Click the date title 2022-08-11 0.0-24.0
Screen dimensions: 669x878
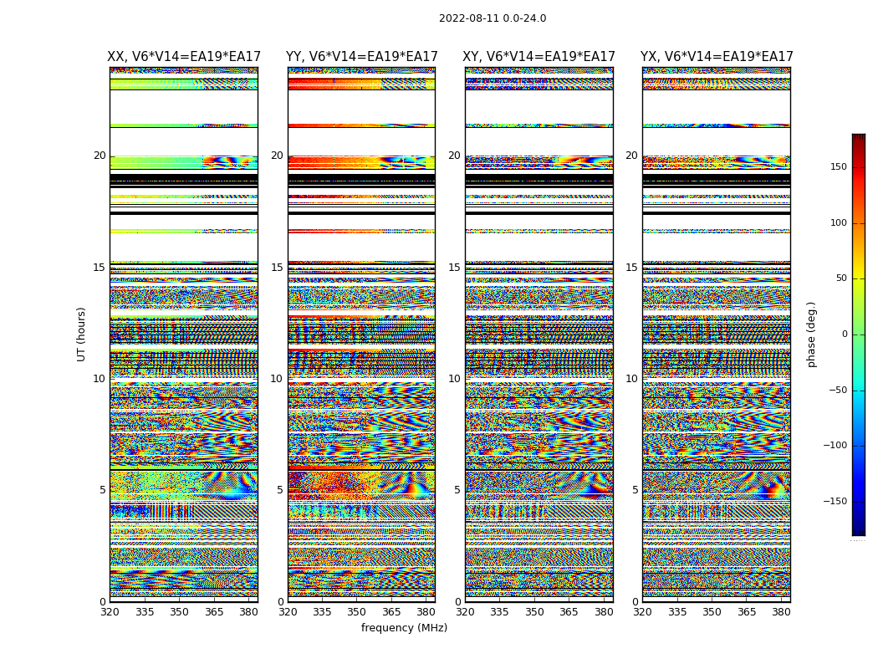coord(493,18)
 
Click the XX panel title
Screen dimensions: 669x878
coord(184,57)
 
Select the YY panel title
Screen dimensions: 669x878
coord(361,57)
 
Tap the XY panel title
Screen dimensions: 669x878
coord(539,57)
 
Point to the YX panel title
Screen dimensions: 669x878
coord(717,57)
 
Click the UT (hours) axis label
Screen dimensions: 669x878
coord(81,334)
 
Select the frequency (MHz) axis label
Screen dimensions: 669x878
coord(404,628)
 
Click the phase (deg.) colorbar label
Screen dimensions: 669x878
coord(812,334)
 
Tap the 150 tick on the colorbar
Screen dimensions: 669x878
coord(839,167)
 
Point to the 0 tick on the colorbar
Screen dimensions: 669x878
coord(845,334)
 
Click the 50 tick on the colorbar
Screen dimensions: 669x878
coord(841,278)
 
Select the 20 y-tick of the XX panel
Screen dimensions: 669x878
coord(100,156)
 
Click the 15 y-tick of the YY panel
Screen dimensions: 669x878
coord(277,268)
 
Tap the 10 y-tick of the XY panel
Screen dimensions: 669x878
coord(454,379)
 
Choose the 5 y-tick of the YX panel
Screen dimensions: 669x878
coord(635,490)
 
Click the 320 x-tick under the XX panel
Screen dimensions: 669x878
coord(110,611)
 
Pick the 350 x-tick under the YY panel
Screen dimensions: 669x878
coord(357,611)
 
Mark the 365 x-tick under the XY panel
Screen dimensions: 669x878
coord(569,611)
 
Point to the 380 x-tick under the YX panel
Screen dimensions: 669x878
coord(781,611)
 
